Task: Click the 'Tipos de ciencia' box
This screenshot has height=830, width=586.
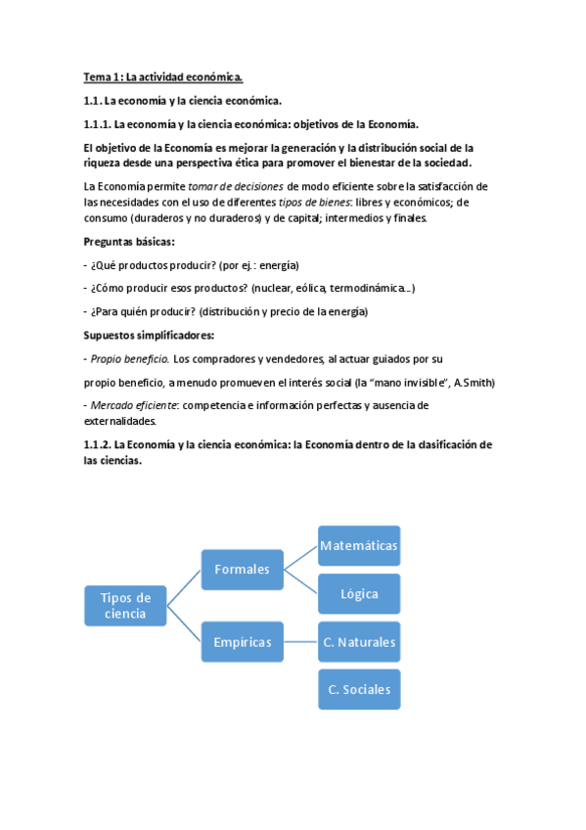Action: (124, 605)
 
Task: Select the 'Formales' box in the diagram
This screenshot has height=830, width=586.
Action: (242, 569)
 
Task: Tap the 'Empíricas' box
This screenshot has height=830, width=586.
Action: (242, 642)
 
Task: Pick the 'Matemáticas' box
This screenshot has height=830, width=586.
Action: (359, 545)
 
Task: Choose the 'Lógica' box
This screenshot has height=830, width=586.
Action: (359, 593)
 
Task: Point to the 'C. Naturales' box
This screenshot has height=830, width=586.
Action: (359, 642)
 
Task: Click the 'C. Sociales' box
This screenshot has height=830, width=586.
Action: (359, 689)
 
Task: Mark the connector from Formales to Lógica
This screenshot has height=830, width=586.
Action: (300, 581)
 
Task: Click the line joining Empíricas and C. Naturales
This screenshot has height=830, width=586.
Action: (300, 642)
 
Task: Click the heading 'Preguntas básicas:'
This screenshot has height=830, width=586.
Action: (129, 242)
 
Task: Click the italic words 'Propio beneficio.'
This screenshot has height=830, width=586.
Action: (130, 358)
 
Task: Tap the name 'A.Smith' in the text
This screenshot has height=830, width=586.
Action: (474, 382)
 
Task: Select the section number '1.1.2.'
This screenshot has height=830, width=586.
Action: (97, 444)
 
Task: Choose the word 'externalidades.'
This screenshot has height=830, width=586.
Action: (119, 421)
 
